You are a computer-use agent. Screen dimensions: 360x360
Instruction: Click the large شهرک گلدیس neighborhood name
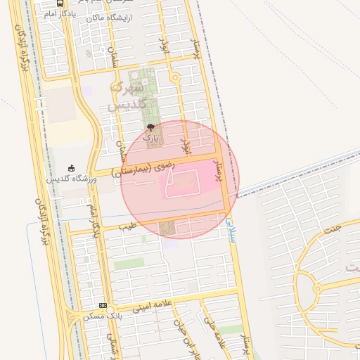tap(127, 97)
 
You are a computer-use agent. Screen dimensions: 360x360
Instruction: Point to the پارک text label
tap(151, 138)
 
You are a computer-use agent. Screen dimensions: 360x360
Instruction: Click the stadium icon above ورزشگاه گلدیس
tap(71, 168)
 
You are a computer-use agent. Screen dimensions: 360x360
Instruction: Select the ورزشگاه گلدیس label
tap(71, 179)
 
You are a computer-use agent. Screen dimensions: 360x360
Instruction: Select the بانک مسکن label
tap(99, 316)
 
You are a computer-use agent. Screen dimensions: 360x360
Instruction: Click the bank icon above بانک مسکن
tap(103, 306)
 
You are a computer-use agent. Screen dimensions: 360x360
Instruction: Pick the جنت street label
tap(333, 229)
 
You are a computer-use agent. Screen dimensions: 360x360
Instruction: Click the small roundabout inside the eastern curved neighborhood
tap(317, 289)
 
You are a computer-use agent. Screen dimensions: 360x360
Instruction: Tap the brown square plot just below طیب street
tap(167, 229)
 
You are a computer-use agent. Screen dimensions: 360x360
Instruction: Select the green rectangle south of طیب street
tap(129, 264)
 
